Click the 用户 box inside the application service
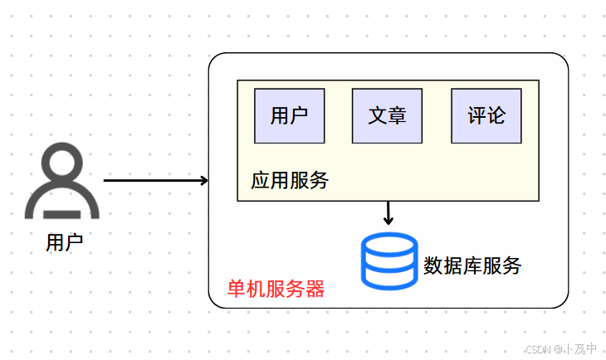(x=289, y=115)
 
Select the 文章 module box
(x=387, y=115)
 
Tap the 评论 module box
(x=486, y=115)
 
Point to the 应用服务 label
(x=290, y=180)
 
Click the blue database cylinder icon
(x=389, y=260)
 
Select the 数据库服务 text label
(x=472, y=265)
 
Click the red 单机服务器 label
(x=276, y=289)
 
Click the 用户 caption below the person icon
(x=64, y=242)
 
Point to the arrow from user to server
(x=154, y=180)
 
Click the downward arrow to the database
(x=388, y=213)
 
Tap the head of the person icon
(x=62, y=165)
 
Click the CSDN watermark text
(x=561, y=348)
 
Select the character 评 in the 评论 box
(x=476, y=115)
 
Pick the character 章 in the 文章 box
(x=397, y=115)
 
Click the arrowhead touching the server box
(x=203, y=180)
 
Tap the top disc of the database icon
(x=389, y=243)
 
